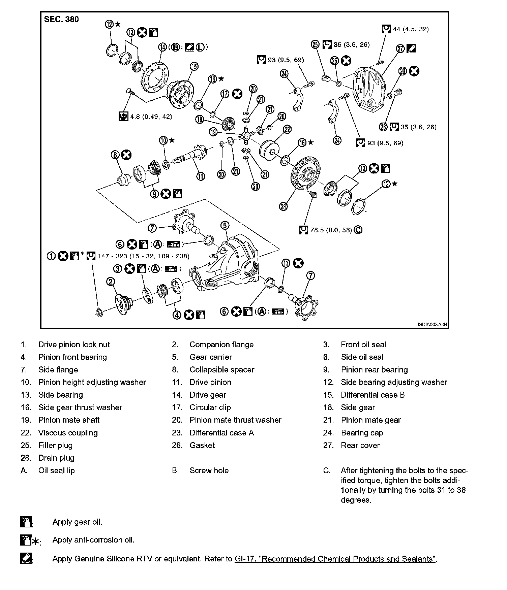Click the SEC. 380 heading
pyautogui.click(x=61, y=19)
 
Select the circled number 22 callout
pyautogui.click(x=287, y=129)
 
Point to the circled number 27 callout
pyautogui.click(x=400, y=49)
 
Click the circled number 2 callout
pyautogui.click(x=111, y=282)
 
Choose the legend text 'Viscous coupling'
pyautogui.click(x=68, y=433)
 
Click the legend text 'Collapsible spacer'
pyautogui.click(x=222, y=370)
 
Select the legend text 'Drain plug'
pyautogui.click(x=56, y=458)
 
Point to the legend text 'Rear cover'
pyautogui.click(x=360, y=446)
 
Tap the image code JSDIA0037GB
pyautogui.click(x=431, y=325)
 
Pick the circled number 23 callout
pyautogui.click(x=284, y=206)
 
